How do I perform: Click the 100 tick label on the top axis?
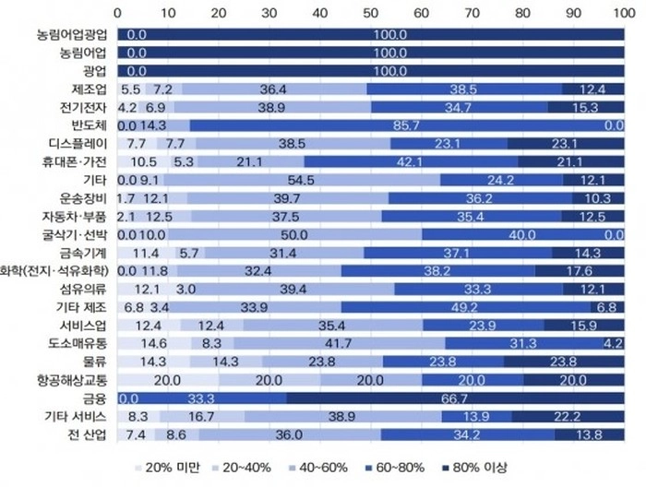click(x=620, y=13)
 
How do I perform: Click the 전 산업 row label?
click(x=87, y=434)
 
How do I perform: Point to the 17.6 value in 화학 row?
click(x=581, y=271)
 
